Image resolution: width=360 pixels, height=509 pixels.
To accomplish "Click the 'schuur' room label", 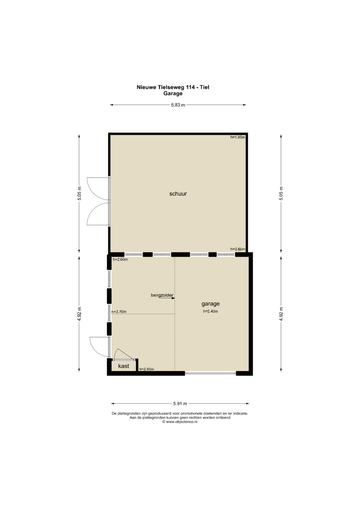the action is pyautogui.click(x=178, y=194).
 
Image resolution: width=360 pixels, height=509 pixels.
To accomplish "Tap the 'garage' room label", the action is pyautogui.click(x=210, y=304).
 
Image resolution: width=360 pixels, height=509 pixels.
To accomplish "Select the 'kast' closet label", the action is pyautogui.click(x=124, y=366).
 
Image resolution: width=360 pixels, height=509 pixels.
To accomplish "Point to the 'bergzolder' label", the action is pyautogui.click(x=162, y=295).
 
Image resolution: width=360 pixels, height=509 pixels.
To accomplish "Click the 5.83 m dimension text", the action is pyautogui.click(x=178, y=105).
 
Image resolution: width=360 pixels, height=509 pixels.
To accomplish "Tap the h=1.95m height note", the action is pyautogui.click(x=238, y=137).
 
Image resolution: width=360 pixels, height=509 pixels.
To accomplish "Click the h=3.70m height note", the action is pyautogui.click(x=119, y=312).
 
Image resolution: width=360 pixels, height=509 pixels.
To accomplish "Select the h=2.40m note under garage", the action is pyautogui.click(x=210, y=311).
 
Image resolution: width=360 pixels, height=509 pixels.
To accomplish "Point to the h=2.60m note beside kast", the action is pyautogui.click(x=147, y=369).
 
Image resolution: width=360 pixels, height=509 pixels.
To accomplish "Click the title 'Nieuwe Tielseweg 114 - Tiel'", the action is pyautogui.click(x=173, y=87).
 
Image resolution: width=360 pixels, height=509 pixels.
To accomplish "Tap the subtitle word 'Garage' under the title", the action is pyautogui.click(x=173, y=93).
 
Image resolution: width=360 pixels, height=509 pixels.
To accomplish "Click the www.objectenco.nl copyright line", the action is pyautogui.click(x=180, y=422).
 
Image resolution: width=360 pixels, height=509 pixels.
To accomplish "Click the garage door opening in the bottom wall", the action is pyautogui.click(x=210, y=373).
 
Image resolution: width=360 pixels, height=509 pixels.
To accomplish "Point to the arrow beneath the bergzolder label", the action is pyautogui.click(x=167, y=298).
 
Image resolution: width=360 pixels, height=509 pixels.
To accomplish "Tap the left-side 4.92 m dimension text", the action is pyautogui.click(x=79, y=314).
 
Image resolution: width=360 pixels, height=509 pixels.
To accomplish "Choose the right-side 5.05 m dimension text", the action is pyautogui.click(x=281, y=193).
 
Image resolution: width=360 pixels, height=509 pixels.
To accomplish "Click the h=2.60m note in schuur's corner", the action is pyautogui.click(x=238, y=249).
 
